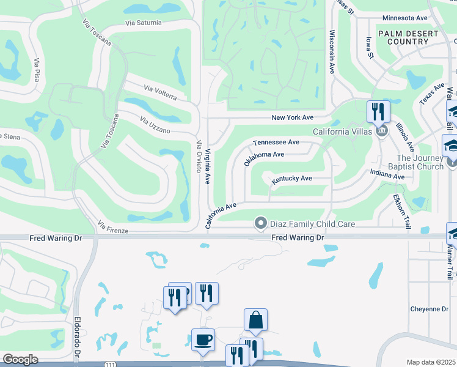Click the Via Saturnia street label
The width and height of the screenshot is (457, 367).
[x=144, y=23]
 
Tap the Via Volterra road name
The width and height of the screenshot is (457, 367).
[x=161, y=93]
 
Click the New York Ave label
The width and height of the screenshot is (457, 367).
[x=292, y=117]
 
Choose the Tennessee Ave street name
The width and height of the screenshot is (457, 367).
[x=276, y=142]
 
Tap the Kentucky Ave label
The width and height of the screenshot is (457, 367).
[x=292, y=179]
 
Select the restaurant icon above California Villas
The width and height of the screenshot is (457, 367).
[x=378, y=112]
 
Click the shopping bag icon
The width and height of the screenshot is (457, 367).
[x=255, y=320]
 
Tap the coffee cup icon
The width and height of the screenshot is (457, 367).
[x=203, y=339]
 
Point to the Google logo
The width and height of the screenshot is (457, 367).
[x=20, y=360]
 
